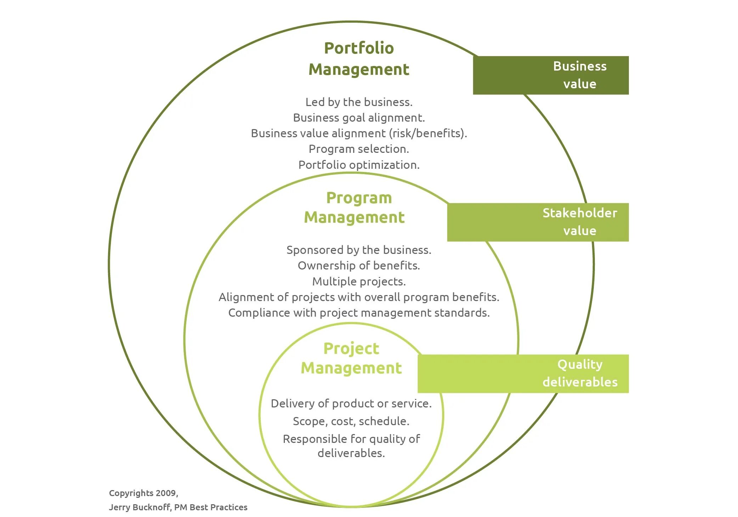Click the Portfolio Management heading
coord(359,59)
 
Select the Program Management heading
coord(354,207)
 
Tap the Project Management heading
coord(351,358)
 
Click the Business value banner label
coord(580,75)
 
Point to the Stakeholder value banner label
coord(580,222)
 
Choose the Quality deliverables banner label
coord(580,373)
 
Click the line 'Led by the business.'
coord(359,102)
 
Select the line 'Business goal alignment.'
coord(359,118)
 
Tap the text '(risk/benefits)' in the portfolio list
coord(428,133)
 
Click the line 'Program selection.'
coord(359,149)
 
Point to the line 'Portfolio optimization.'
coord(359,165)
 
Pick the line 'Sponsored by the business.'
coord(359,250)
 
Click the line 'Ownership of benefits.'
coord(359,266)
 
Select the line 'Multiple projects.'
coord(359,282)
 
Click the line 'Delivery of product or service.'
coord(351,404)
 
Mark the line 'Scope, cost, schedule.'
coord(351,421)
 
